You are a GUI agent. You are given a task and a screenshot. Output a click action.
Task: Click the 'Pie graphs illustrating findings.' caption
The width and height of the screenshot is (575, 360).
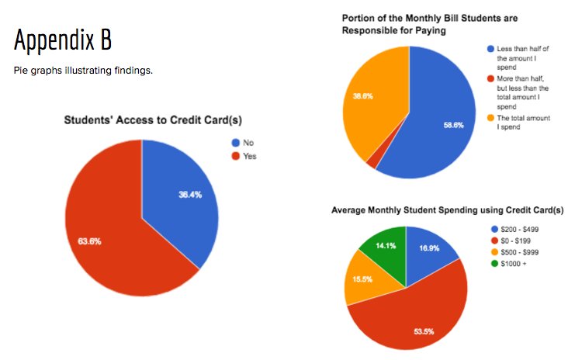(x=83, y=71)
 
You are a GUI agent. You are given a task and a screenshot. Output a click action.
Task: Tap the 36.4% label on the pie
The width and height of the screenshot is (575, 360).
(x=189, y=195)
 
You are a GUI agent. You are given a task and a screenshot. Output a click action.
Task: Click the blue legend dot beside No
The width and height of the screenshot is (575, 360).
(x=235, y=143)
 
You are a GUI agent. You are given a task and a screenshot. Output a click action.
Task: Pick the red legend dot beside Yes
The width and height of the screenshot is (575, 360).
(x=235, y=156)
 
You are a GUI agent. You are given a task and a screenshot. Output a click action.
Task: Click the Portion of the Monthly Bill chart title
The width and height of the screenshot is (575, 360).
(x=419, y=24)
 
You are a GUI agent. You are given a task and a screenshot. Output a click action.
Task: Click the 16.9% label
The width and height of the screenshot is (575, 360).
(x=428, y=250)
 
